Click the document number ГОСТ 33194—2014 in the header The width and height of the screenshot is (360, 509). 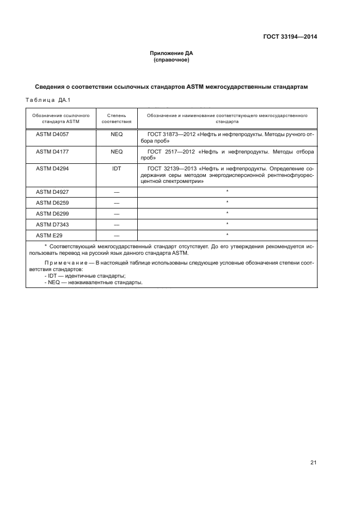click(289, 37)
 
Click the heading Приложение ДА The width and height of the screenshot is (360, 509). click(172, 53)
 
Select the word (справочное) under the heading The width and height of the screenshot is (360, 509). click(172, 60)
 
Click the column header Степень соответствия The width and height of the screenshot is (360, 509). click(117, 119)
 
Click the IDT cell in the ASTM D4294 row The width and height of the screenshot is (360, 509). click(117, 169)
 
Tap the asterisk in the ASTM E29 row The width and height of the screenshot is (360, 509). click(227, 235)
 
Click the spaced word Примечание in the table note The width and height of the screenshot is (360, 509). click(64, 262)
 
